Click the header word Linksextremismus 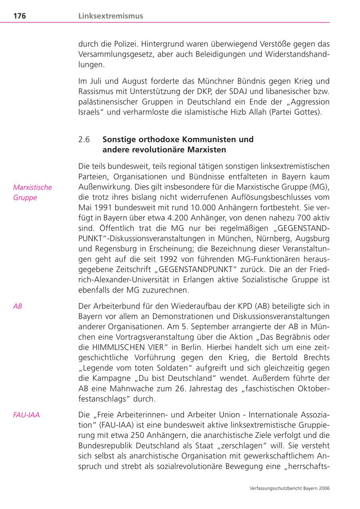[x=111, y=16]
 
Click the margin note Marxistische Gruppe [x=32, y=192]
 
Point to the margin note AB [x=18, y=306]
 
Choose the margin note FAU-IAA [x=26, y=415]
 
